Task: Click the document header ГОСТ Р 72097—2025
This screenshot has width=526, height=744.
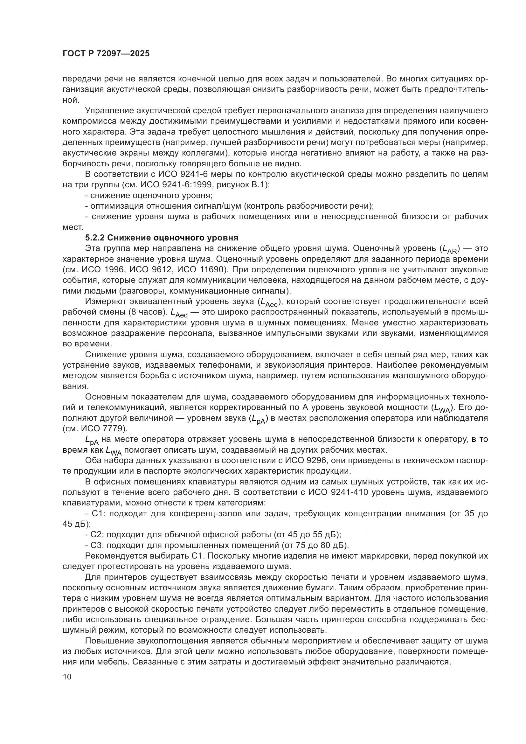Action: pyautogui.click(x=106, y=54)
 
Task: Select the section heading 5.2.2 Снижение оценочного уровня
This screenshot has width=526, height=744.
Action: pyautogui.click(x=162, y=238)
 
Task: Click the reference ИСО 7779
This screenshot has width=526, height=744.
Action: pyautogui.click(x=101, y=428)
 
